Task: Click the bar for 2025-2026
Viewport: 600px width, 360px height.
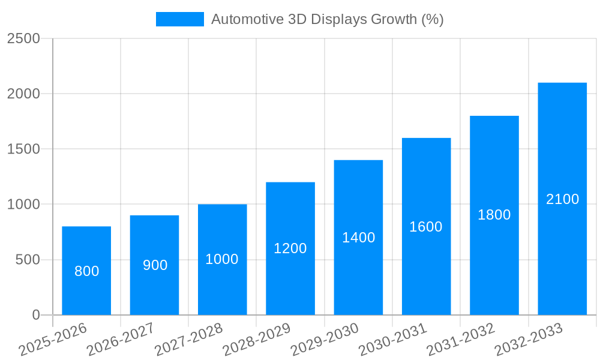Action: click(x=86, y=271)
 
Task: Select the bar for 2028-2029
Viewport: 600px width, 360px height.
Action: click(x=290, y=248)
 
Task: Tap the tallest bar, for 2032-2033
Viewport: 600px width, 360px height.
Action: click(x=562, y=199)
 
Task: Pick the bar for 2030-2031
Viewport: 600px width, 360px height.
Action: click(x=426, y=226)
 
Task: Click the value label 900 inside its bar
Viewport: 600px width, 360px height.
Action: click(x=155, y=265)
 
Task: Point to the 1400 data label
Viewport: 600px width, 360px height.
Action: click(x=358, y=238)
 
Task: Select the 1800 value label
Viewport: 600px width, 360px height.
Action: click(x=494, y=215)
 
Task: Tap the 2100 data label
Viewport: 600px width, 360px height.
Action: click(x=562, y=199)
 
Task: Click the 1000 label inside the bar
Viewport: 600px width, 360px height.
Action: click(x=222, y=259)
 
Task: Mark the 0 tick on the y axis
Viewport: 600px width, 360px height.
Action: click(x=35, y=315)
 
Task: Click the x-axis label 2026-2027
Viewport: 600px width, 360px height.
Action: click(x=121, y=339)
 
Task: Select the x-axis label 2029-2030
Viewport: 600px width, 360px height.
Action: click(x=325, y=339)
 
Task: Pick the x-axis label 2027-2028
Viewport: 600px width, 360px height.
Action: click(x=188, y=339)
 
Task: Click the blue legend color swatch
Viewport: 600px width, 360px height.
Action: click(x=179, y=19)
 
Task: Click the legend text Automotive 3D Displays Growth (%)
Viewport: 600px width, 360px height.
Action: click(x=327, y=19)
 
